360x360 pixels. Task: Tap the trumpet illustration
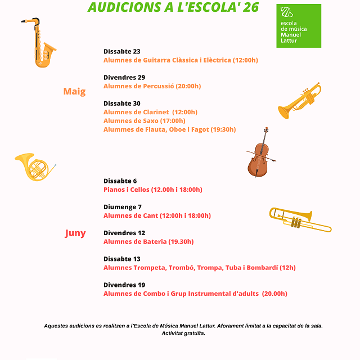[x=299, y=101]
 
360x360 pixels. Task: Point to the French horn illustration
[x=34, y=167]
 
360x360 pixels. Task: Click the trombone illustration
[x=300, y=219]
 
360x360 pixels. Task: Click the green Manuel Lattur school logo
[x=299, y=26]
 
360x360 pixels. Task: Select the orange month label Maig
[x=74, y=92]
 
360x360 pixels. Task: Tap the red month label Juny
[x=75, y=233]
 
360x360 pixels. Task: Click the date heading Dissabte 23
[x=122, y=51]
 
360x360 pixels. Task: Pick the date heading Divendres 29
[x=124, y=77]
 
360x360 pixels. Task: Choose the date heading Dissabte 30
[x=122, y=103]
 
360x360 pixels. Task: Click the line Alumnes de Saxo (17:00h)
[x=144, y=120]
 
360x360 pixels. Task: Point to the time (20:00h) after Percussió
[x=188, y=86]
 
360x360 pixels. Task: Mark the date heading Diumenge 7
[x=123, y=207]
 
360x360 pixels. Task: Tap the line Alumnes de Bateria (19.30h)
[x=148, y=241]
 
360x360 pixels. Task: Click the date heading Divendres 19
[x=124, y=285]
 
